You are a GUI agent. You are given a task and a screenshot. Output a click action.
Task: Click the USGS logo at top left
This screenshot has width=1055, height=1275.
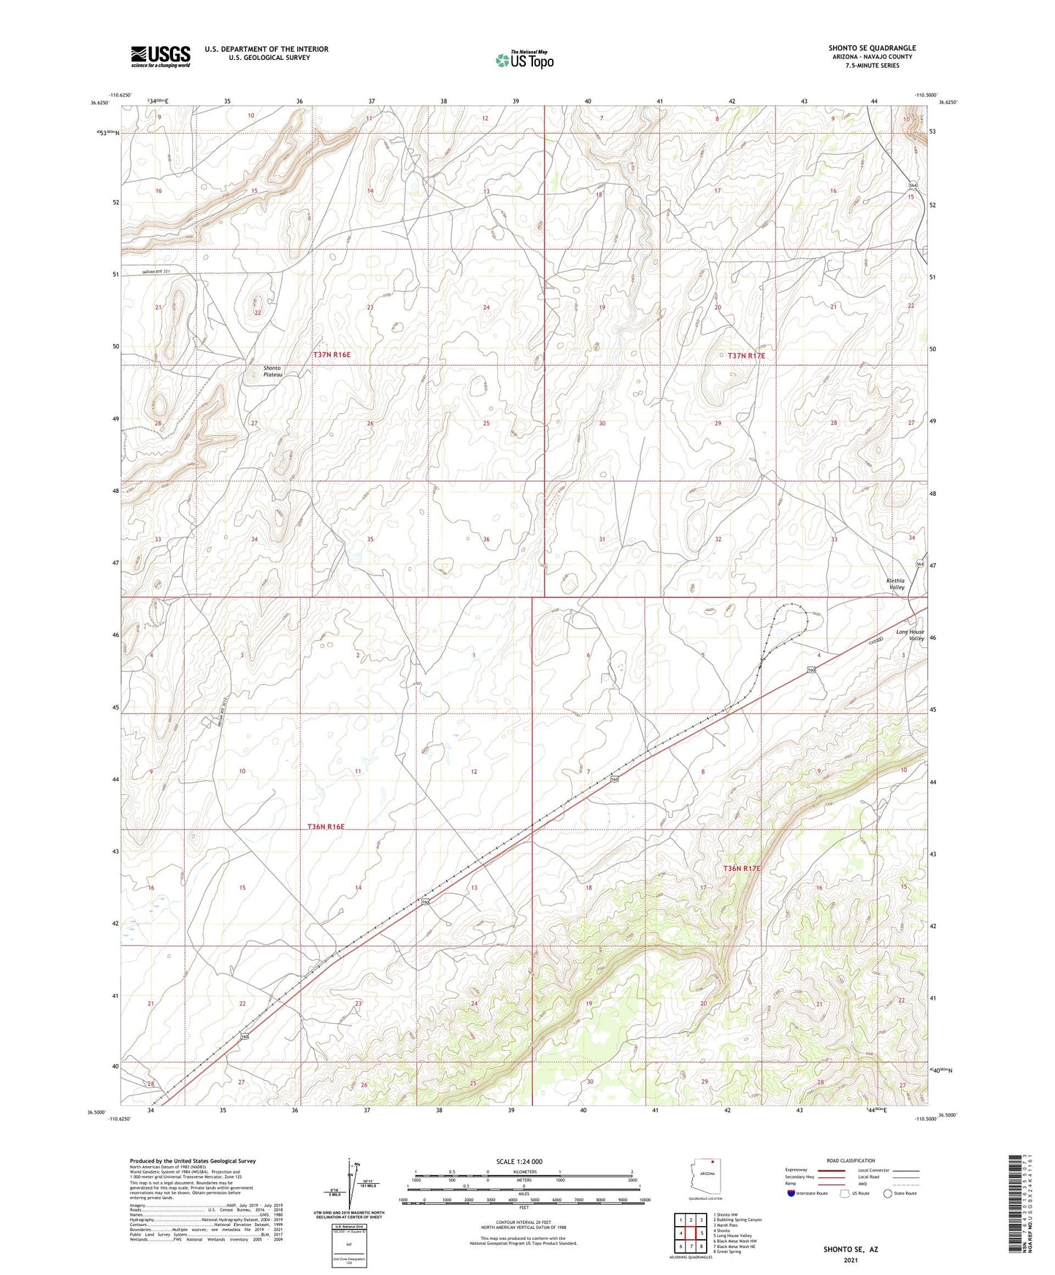click(161, 56)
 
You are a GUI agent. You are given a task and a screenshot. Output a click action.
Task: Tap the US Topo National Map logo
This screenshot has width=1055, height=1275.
click(524, 60)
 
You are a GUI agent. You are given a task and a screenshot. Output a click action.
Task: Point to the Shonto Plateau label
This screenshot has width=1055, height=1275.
click(272, 371)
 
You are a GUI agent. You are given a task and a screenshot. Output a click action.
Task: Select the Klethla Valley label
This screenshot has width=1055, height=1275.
click(895, 584)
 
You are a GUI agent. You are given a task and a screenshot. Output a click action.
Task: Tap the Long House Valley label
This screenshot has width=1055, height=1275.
click(910, 635)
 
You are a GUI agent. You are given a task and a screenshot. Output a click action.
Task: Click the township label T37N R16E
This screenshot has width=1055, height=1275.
click(331, 355)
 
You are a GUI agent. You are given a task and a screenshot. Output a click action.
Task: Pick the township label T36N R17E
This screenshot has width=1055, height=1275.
click(742, 868)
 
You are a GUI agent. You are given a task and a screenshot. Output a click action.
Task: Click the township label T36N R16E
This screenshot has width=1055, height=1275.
click(325, 827)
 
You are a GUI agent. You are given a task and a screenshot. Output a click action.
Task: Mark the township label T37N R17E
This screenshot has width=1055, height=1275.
click(746, 356)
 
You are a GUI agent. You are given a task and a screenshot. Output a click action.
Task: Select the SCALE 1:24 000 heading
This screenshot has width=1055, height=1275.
click(519, 1162)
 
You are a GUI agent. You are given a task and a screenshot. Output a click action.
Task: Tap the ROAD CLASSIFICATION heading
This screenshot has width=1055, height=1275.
click(851, 1160)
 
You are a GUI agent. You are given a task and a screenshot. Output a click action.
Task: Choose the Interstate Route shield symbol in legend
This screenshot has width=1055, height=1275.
click(792, 1193)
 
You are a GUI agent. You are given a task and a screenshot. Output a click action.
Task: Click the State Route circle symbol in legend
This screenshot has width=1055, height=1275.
click(888, 1193)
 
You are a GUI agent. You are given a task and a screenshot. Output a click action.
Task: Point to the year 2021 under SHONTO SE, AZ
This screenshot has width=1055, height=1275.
click(851, 1260)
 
